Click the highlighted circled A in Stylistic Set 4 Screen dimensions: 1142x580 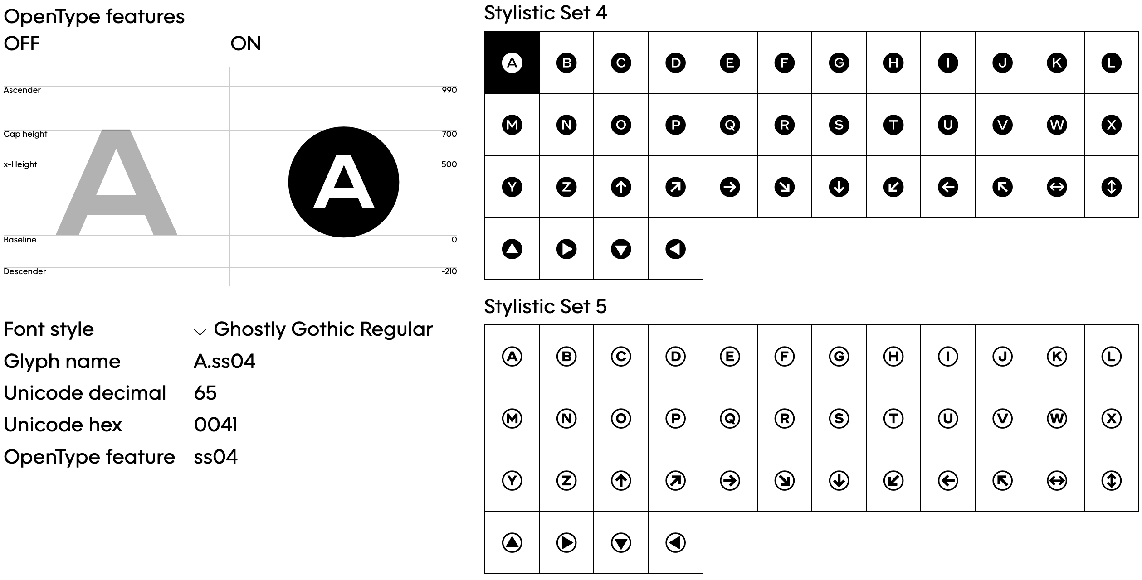[512, 63]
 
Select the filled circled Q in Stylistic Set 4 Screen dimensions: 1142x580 [730, 125]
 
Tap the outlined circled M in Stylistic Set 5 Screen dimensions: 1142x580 [512, 418]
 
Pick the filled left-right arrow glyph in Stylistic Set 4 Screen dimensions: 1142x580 [1057, 187]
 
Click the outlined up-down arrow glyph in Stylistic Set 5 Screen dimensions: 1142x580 [1111, 480]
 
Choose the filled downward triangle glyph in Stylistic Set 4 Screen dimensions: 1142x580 [621, 249]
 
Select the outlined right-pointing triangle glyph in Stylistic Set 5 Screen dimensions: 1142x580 [566, 542]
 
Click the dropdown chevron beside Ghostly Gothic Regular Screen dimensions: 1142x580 [200, 332]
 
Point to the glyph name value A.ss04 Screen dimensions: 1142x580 [224, 361]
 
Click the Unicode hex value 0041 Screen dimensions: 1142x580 [216, 425]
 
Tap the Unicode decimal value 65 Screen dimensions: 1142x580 [205, 393]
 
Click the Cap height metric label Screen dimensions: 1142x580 [25, 134]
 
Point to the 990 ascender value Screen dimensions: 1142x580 [449, 90]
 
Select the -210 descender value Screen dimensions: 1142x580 [449, 271]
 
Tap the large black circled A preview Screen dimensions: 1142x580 [344, 182]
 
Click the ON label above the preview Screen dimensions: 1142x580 [246, 43]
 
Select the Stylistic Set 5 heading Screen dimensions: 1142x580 [546, 306]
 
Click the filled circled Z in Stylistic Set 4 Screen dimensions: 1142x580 [566, 187]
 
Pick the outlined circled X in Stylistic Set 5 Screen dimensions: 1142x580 [1111, 418]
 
